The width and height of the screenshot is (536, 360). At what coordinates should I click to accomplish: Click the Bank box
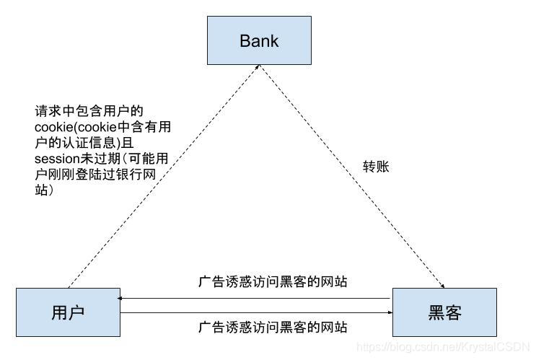[259, 40]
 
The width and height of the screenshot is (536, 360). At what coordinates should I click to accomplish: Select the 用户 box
[68, 312]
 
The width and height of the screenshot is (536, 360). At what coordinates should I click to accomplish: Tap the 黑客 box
[444, 312]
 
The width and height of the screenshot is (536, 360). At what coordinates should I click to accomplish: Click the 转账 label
[376, 167]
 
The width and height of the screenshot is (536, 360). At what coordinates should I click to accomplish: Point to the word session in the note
[57, 157]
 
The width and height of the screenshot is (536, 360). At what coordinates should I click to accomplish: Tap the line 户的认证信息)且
[84, 142]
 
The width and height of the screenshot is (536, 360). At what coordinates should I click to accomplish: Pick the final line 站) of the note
[45, 190]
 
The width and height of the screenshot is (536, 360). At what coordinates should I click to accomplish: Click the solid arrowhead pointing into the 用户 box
[123, 298]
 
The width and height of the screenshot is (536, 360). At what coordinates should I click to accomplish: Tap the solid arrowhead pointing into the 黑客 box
[387, 312]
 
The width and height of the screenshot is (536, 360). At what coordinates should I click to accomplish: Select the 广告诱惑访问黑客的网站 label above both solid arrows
[273, 282]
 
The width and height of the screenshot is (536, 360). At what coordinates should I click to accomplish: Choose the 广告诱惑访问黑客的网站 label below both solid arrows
[273, 328]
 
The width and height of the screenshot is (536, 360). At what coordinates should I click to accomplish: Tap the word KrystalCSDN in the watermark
[498, 347]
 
